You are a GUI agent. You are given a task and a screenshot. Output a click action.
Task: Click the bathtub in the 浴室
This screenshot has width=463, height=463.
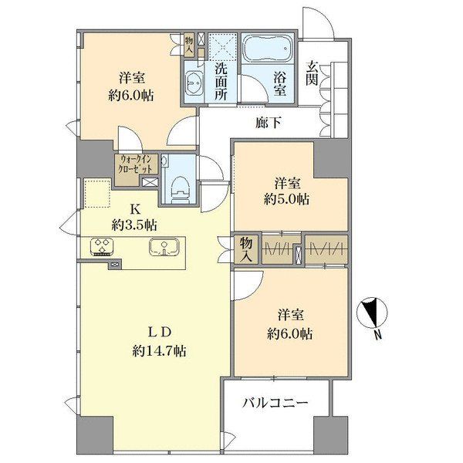pyautogui.click(x=268, y=49)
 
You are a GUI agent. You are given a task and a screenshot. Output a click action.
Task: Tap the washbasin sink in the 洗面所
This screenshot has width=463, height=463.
pyautogui.click(x=194, y=83)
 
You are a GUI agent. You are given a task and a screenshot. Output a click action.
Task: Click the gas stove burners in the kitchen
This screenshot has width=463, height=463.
pyautogui.click(x=103, y=246)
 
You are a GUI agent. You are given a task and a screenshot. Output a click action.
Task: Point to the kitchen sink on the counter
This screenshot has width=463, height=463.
pyautogui.click(x=164, y=247)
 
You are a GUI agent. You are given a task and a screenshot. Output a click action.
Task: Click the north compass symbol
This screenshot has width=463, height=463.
pyautogui.click(x=372, y=313)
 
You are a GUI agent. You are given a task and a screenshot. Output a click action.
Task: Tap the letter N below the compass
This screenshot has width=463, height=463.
pyautogui.click(x=377, y=335)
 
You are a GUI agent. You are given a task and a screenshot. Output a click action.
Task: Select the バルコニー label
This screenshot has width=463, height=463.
pyautogui.click(x=275, y=403)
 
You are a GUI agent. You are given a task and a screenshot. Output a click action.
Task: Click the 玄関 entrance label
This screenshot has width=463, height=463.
pyautogui.click(x=311, y=73)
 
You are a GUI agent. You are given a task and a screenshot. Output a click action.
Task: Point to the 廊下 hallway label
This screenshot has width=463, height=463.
pyautogui.click(x=269, y=123)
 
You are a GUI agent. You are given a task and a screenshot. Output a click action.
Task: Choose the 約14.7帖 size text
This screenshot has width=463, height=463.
pyautogui.click(x=159, y=351)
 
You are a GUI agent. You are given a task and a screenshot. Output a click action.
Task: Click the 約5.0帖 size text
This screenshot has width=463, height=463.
pyautogui.click(x=286, y=200)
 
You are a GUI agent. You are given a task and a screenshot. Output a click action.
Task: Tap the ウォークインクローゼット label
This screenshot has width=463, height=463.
pyautogui.click(x=135, y=164)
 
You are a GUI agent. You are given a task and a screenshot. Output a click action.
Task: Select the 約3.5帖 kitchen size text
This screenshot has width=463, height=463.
pyautogui.click(x=134, y=226)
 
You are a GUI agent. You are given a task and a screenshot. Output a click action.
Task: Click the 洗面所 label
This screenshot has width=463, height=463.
pyautogui.click(x=221, y=82)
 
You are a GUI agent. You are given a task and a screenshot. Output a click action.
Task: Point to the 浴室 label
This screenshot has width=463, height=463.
pyautogui.click(x=280, y=84)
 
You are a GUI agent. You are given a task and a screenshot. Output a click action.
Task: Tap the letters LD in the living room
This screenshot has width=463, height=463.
pyautogui.click(x=160, y=333)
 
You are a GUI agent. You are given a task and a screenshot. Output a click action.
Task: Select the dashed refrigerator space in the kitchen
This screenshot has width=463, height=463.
pyautogui.click(x=97, y=193)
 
